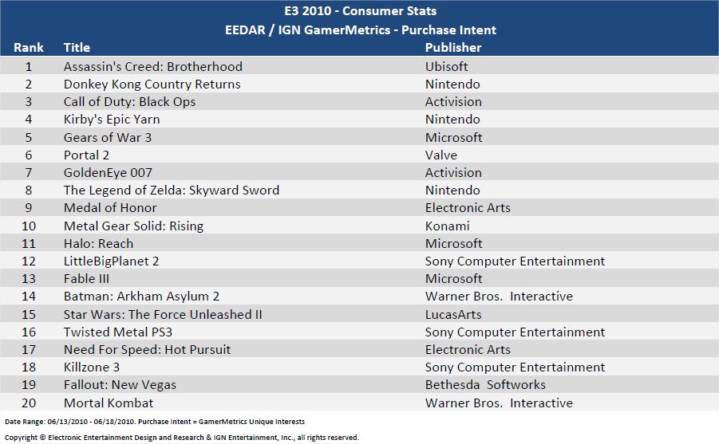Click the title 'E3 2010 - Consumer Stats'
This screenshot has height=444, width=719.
(x=360, y=11)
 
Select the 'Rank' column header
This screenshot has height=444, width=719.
(x=29, y=48)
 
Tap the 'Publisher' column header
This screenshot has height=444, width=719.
(x=453, y=48)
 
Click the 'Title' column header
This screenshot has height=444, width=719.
(x=77, y=48)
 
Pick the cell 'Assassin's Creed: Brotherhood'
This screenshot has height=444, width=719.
(x=153, y=66)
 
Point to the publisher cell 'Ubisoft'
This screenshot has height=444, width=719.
(x=447, y=66)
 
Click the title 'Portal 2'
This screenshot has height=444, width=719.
(x=87, y=155)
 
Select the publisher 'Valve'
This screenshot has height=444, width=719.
(x=441, y=155)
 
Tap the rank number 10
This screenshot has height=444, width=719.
(x=29, y=226)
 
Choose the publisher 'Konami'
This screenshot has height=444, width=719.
(x=448, y=226)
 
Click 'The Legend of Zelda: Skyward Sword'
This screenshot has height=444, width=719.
(x=172, y=190)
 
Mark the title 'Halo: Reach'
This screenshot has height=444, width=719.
(x=98, y=243)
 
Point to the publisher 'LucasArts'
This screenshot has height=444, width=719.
(x=452, y=314)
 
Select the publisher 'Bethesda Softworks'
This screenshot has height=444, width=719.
(x=485, y=384)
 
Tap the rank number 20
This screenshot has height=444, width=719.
(x=29, y=403)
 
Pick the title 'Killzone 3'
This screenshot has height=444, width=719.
(x=92, y=367)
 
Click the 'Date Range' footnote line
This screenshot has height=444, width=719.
(x=155, y=421)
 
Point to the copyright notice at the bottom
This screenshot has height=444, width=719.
(x=182, y=437)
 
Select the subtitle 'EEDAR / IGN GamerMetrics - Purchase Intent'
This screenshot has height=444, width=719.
(x=360, y=29)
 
